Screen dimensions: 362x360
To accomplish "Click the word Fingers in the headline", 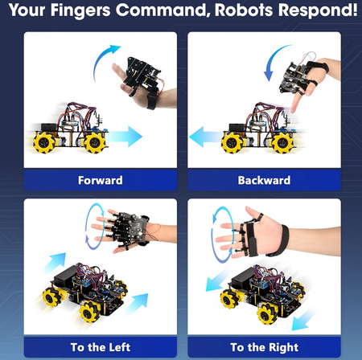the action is (80, 10).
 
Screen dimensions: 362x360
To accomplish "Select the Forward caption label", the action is (101, 180).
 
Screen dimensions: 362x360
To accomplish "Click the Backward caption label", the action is (264, 180).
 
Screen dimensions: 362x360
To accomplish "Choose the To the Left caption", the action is (101, 347).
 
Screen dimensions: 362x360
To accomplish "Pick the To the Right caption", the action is (264, 347).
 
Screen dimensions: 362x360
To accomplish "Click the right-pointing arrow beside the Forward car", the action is (125, 137).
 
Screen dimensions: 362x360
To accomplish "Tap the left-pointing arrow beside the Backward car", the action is (206, 137).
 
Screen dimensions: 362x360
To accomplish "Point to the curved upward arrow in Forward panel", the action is (104, 60).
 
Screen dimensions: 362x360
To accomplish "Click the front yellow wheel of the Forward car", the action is (95, 143).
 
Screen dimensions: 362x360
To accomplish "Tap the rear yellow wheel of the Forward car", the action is (44, 143).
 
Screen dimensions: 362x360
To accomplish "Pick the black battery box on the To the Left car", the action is (64, 276).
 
